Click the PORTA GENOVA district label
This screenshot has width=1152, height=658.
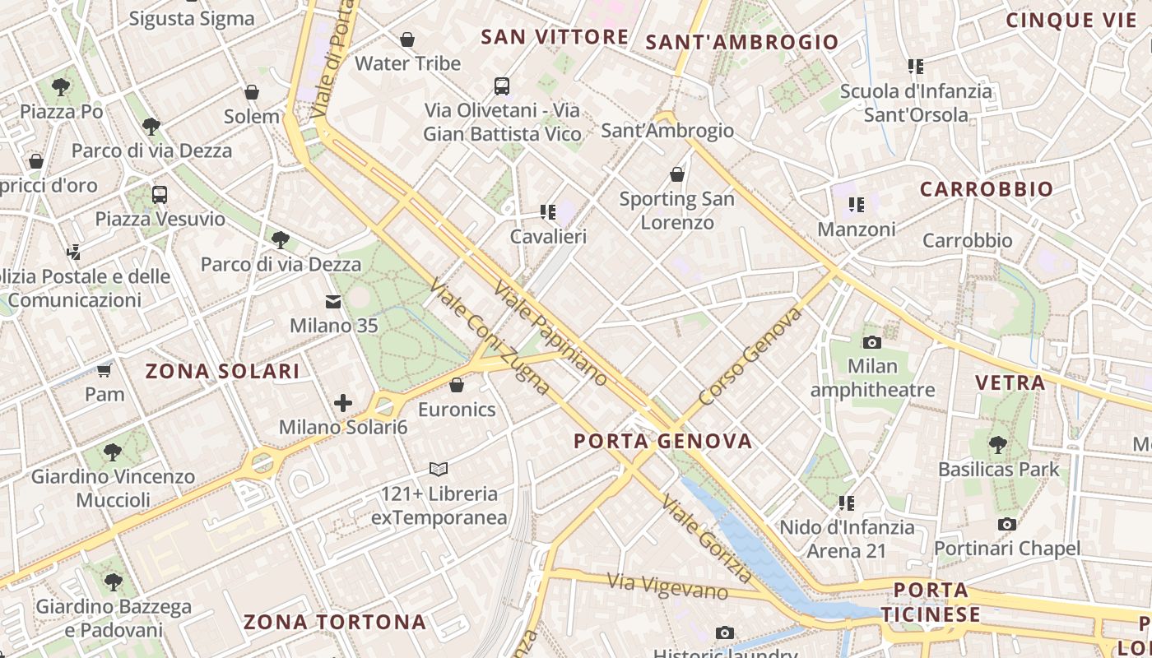tap(662, 441)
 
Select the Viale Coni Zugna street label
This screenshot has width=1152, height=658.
tap(489, 336)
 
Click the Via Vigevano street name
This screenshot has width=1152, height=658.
tap(668, 586)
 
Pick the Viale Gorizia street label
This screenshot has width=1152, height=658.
tap(707, 540)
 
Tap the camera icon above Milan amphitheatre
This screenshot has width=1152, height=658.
tap(872, 342)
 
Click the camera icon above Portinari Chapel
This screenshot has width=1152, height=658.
tap(1006, 524)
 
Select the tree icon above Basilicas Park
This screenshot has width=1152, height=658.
tap(998, 445)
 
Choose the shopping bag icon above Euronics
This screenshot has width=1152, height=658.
tap(457, 385)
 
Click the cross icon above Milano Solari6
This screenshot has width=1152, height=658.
tap(343, 403)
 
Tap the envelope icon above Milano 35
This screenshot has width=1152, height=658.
tap(333, 302)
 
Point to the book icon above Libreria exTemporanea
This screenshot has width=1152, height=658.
tap(439, 469)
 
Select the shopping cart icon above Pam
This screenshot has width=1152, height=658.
tap(105, 370)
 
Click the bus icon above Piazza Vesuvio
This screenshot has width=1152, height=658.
tap(160, 195)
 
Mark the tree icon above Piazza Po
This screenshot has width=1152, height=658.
tap(61, 86)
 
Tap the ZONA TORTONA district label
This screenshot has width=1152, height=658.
tap(335, 622)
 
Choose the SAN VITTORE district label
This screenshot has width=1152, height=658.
tap(555, 37)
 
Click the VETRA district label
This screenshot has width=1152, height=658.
tap(1010, 382)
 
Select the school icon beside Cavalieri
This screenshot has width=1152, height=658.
tap(547, 212)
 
